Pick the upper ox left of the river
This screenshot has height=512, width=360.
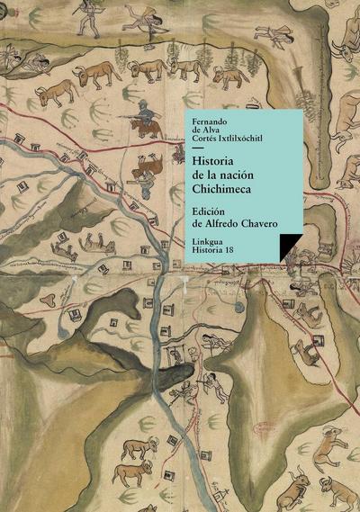tap(139, 446)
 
